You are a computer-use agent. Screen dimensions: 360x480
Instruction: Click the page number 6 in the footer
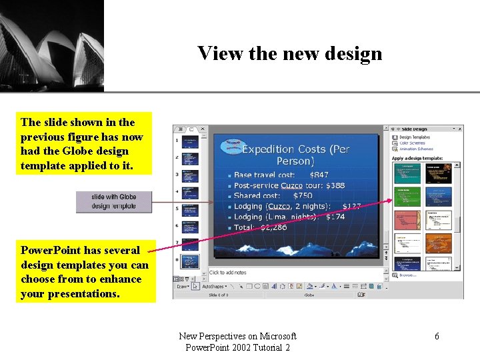coord(437,337)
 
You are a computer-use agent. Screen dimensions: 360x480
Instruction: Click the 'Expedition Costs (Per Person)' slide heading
coord(295,155)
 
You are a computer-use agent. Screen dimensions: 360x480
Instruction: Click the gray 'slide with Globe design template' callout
coord(114,201)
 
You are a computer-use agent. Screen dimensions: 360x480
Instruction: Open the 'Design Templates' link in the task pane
coord(415,137)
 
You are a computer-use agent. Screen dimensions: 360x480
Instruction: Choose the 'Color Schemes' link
coord(413,143)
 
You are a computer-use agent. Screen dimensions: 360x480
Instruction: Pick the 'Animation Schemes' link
coord(416,149)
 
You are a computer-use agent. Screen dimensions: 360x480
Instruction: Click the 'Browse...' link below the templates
coord(409,275)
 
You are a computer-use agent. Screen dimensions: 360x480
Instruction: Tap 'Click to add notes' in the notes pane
coord(228,273)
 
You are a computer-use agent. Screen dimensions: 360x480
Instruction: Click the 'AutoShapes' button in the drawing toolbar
coord(213,286)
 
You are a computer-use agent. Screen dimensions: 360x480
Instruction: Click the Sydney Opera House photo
coord(51,45)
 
